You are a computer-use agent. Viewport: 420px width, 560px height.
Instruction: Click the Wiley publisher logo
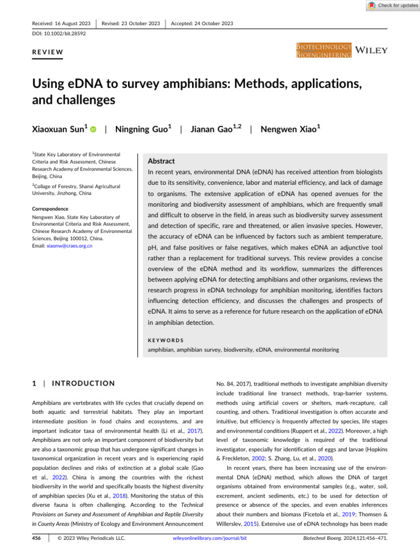point(372,50)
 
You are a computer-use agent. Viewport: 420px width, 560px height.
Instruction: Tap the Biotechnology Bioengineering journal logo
point(324,51)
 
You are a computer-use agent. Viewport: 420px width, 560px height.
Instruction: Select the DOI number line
point(55,33)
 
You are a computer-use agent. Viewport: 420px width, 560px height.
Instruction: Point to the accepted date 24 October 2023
point(202,23)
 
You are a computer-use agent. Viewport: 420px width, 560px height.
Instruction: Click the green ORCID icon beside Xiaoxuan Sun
point(93,130)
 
